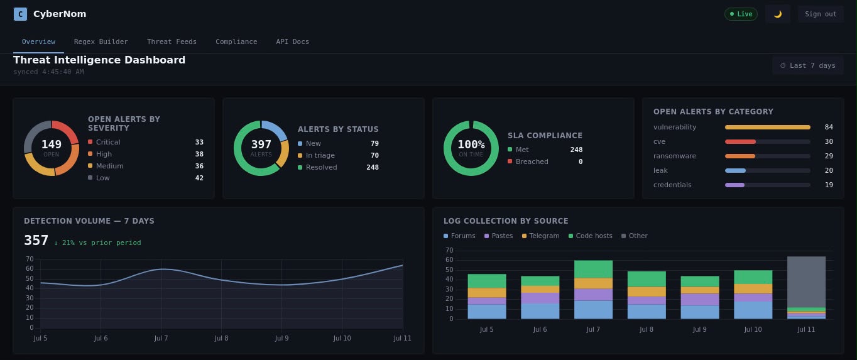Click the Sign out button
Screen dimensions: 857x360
pos(821,14)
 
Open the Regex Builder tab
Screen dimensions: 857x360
pos(101,41)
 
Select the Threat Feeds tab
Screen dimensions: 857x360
pos(172,41)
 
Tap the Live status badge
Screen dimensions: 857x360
pos(741,14)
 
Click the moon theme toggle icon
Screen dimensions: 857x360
pos(777,14)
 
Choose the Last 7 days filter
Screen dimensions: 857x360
pos(807,65)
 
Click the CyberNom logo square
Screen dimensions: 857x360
pos(20,14)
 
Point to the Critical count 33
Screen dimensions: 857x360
pos(199,142)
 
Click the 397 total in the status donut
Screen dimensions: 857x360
pos(261,145)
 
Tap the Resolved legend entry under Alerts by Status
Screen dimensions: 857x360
pos(317,167)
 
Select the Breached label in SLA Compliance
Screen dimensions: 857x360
pos(532,161)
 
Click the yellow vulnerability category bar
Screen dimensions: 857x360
pos(768,127)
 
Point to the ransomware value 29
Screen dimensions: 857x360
pos(829,156)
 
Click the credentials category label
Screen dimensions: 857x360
pos(672,185)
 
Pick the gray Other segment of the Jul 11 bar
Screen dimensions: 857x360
pos(806,282)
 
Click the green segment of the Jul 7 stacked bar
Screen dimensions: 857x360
pos(593,270)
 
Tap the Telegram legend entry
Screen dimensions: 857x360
pos(540,236)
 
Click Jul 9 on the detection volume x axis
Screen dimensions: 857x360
pos(281,338)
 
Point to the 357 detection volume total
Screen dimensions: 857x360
pos(36,240)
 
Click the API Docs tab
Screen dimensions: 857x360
pos(293,41)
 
